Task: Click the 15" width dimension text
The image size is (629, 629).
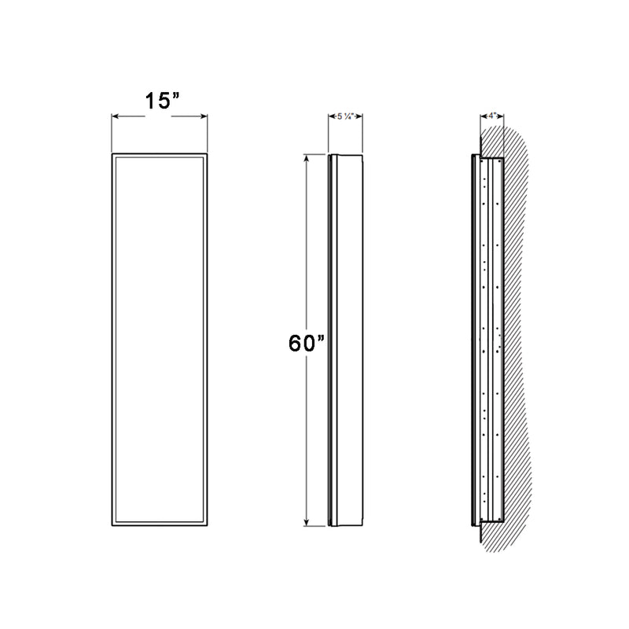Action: (161, 101)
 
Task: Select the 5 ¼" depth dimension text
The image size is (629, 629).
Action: (344, 116)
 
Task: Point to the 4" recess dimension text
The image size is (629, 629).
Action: (492, 116)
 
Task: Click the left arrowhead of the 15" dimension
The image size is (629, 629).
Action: (115, 116)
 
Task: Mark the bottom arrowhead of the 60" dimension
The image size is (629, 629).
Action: (307, 525)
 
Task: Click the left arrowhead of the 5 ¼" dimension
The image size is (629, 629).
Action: (331, 116)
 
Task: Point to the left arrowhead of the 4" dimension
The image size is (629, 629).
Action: (482, 116)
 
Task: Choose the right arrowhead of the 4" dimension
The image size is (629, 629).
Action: (502, 116)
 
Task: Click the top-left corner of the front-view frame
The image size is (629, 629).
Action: (112, 153)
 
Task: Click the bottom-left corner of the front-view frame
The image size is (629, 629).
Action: (112, 527)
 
